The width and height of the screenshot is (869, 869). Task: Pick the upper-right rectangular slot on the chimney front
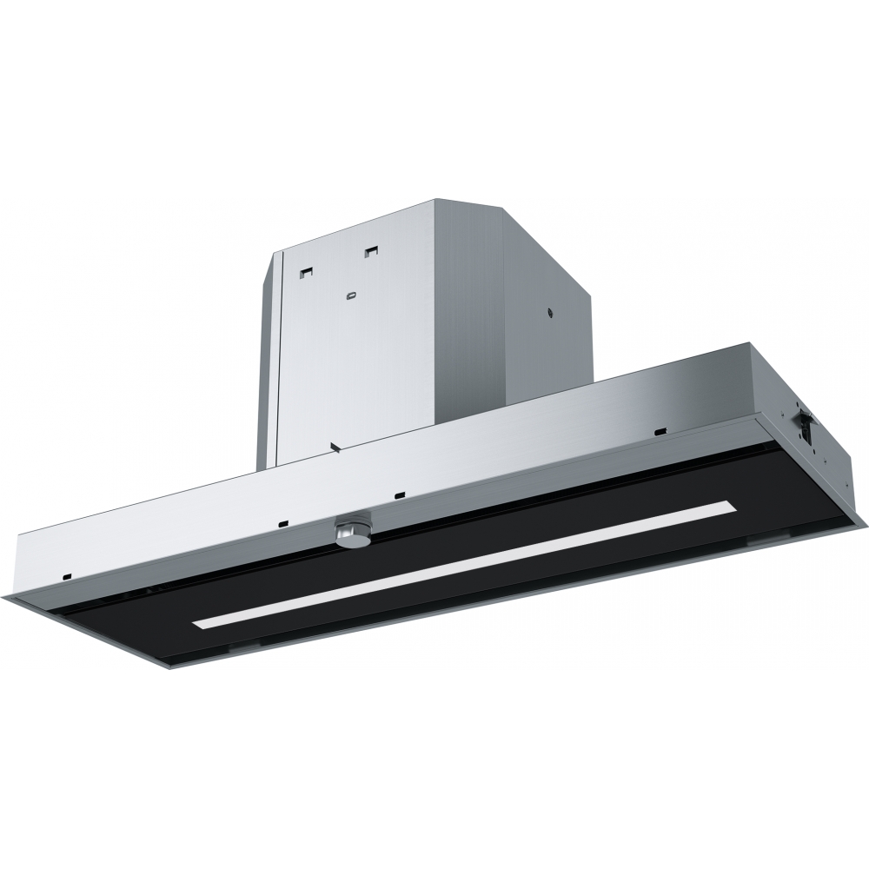(x=372, y=253)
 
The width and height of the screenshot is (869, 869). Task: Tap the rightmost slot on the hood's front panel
(x=661, y=431)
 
